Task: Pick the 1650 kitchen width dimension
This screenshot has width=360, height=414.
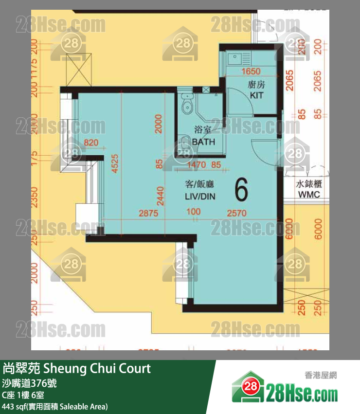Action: [x=251, y=72]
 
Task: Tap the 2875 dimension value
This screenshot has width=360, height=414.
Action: [x=148, y=213]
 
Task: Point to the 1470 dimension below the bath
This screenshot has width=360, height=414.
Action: [x=197, y=165]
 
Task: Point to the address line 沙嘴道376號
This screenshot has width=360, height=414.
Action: [x=30, y=383]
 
